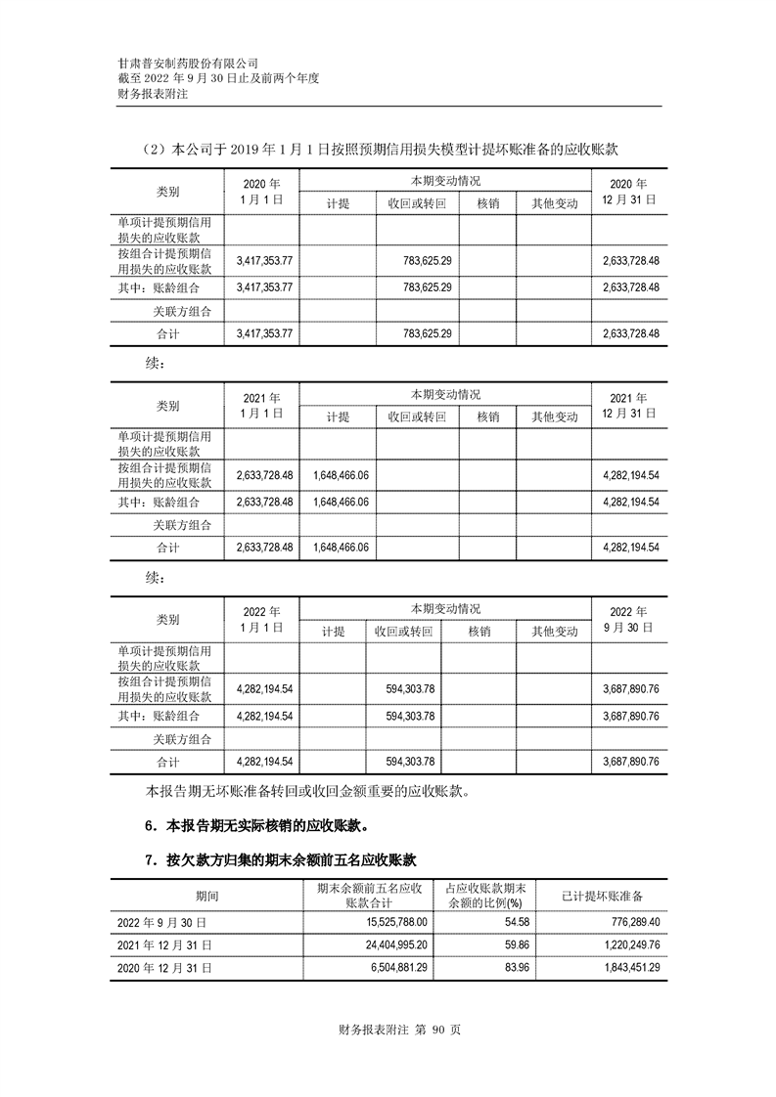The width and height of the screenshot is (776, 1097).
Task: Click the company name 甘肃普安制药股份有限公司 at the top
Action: point(187,62)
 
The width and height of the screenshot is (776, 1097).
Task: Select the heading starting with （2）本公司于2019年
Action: point(381,150)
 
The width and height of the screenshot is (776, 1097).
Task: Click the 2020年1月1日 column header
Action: point(259,191)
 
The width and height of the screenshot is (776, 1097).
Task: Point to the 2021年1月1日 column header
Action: point(259,406)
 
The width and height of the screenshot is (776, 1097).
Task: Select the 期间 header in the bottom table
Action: point(206,896)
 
